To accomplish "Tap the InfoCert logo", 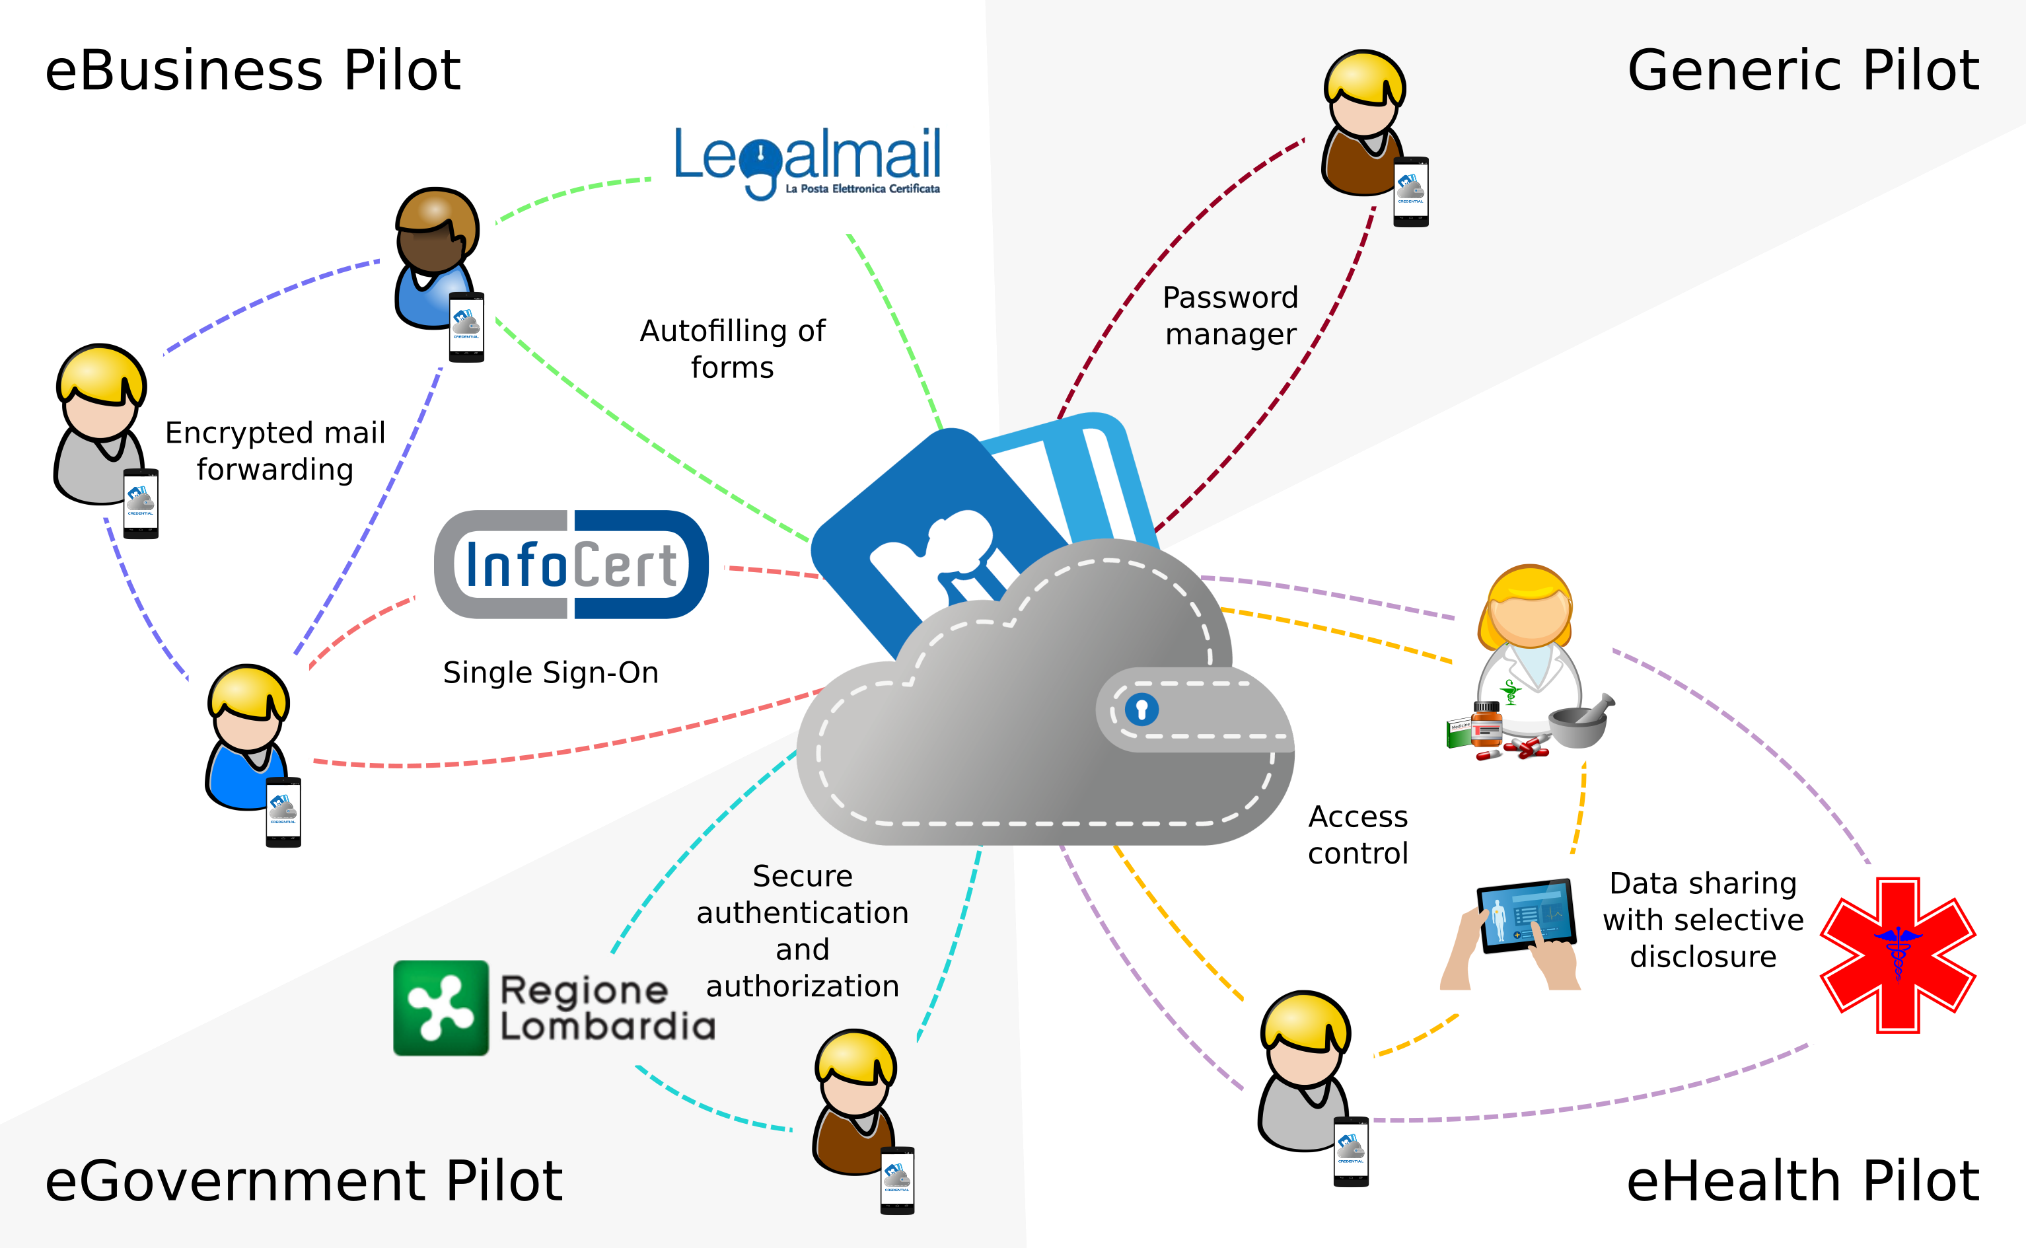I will (x=571, y=565).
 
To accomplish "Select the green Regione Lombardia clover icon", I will (x=441, y=1008).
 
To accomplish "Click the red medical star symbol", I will (x=1897, y=955).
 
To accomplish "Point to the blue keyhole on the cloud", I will (x=1142, y=709).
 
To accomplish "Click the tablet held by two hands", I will (x=1525, y=916).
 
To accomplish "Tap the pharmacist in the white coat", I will (x=1529, y=652).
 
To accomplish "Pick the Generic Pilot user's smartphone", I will (x=1410, y=191).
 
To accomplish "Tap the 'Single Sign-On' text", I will (x=550, y=673).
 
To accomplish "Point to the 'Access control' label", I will (x=1357, y=834).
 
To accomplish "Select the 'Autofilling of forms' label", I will (x=732, y=348).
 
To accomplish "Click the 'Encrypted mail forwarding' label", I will (x=275, y=451).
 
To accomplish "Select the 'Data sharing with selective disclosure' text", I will (x=1702, y=920).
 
